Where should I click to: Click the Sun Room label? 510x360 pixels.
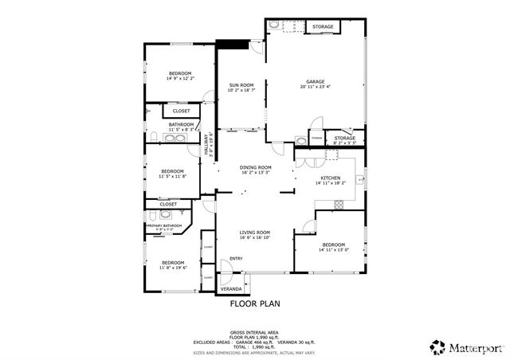[x=241, y=84]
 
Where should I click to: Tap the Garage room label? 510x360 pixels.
[x=316, y=81]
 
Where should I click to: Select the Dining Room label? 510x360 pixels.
[x=256, y=167]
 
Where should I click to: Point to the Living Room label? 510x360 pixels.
[x=256, y=232]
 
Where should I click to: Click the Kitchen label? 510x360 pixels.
[x=331, y=178]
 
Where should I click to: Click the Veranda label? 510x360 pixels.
[x=230, y=288]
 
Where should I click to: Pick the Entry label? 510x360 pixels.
[x=237, y=258]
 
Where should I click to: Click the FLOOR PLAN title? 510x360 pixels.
[x=255, y=303]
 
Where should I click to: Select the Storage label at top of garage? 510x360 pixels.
[x=323, y=27]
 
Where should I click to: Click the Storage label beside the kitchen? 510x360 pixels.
[x=344, y=139]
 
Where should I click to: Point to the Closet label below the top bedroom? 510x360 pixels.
[x=182, y=111]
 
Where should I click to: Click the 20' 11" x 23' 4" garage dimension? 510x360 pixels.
[x=316, y=87]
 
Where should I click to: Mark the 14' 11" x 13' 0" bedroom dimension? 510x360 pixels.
[x=334, y=250]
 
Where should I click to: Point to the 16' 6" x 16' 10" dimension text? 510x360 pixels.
[x=256, y=237]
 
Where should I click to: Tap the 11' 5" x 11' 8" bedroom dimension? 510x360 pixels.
[x=173, y=176]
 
